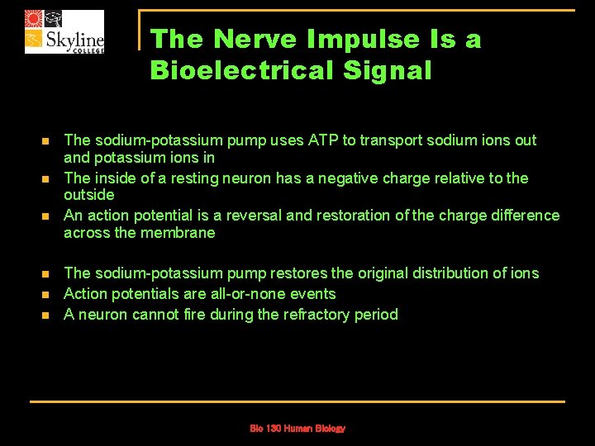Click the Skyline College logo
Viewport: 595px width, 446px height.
[64, 31]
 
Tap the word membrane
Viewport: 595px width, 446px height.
[178, 232]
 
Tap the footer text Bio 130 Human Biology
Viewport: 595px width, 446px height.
[297, 428]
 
